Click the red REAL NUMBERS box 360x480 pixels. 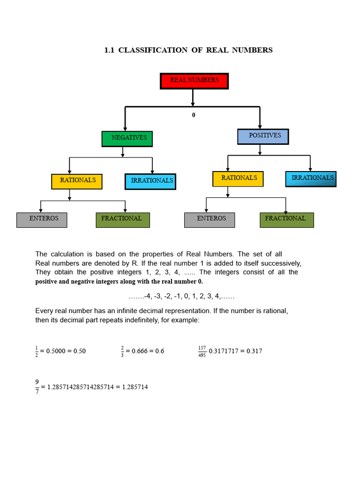coord(194,81)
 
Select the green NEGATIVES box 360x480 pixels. coord(127,139)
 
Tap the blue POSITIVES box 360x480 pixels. coord(263,136)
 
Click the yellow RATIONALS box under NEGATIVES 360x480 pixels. coord(76,181)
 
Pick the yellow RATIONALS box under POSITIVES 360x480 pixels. coord(238,179)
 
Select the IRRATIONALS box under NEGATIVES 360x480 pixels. coord(150,181)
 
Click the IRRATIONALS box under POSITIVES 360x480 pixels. coord(310,179)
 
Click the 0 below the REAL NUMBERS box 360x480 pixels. coord(194,115)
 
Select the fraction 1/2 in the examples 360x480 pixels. coord(37,351)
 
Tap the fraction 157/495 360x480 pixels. coord(202,351)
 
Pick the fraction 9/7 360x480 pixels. coord(37,387)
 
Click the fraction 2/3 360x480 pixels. coord(122,351)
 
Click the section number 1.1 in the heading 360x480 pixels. coord(109,50)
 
